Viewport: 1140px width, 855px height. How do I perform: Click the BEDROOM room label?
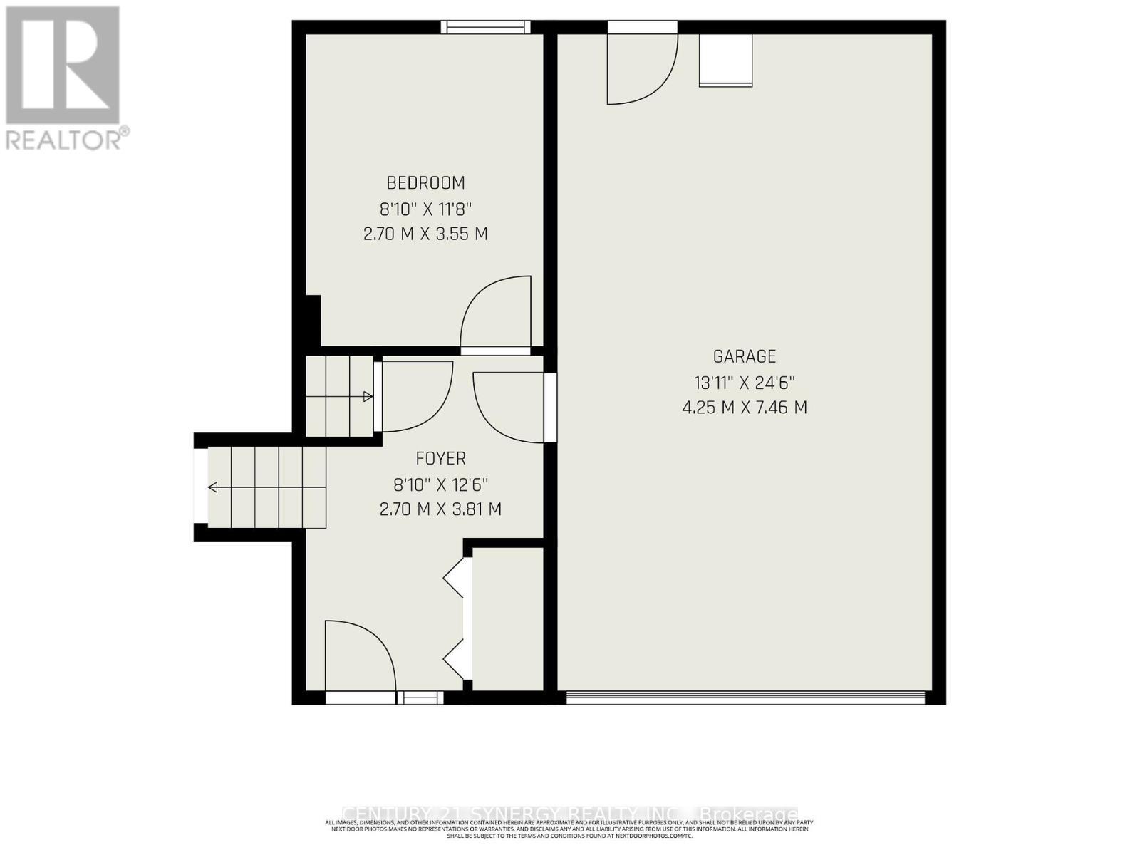[425, 183]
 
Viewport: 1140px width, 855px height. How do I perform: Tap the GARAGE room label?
[745, 356]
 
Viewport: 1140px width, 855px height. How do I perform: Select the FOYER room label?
[440, 458]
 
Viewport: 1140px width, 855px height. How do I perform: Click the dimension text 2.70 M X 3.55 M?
[425, 234]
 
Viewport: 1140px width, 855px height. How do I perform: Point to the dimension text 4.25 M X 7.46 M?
[745, 408]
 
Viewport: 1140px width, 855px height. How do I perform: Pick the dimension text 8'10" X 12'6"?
[440, 485]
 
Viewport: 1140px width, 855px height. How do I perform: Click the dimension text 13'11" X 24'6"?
[745, 383]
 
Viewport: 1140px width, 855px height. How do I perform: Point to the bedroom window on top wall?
[485, 27]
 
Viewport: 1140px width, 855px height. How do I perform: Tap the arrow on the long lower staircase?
[213, 487]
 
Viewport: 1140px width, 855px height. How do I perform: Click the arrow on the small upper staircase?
[368, 397]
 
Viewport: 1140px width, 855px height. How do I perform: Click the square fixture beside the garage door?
[725, 61]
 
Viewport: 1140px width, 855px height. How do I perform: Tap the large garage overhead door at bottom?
[745, 697]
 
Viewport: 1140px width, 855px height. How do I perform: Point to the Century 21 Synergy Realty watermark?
[570, 814]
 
